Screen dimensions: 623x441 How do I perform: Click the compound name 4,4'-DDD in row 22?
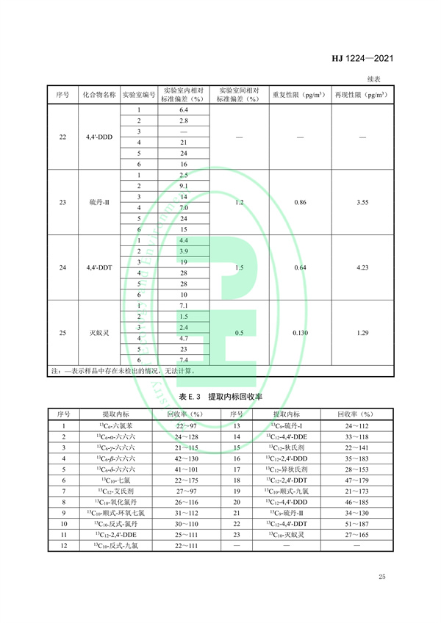98,137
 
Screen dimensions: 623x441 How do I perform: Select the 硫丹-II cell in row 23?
98,202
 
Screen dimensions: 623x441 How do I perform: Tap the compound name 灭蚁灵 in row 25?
98,333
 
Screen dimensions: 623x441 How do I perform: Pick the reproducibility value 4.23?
360,267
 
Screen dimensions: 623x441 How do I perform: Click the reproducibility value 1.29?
360,333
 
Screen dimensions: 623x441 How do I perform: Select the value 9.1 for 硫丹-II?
184,186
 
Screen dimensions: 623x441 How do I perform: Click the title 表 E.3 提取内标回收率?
220,396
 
